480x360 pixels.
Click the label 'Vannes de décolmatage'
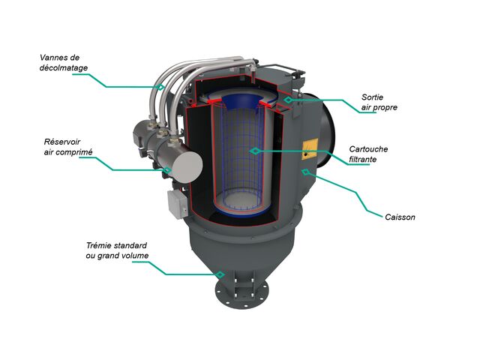point(64,63)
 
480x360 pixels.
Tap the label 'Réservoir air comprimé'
point(68,147)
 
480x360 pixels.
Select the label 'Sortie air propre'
point(379,102)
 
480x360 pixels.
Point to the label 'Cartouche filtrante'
point(368,154)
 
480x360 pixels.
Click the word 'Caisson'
point(400,217)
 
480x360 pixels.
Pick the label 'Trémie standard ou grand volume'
point(117,250)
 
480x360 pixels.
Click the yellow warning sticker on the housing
point(310,148)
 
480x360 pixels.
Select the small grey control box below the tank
point(178,205)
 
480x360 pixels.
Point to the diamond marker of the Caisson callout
point(305,172)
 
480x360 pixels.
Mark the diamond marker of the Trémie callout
point(220,274)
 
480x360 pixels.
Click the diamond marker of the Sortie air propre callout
point(288,100)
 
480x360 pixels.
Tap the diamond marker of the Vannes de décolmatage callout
point(160,87)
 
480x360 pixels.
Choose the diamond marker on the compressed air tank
point(167,170)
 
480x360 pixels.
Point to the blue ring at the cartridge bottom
point(241,211)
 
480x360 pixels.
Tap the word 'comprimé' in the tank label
point(77,152)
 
